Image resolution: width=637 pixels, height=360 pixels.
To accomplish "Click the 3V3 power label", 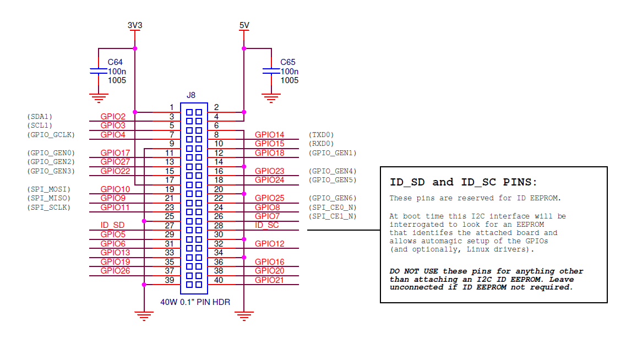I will click(135, 25).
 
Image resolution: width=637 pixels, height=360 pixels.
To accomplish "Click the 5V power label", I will click(244, 25).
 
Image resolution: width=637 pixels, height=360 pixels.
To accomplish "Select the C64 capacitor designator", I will click(115, 62).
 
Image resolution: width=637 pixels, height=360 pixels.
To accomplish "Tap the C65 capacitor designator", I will click(288, 62).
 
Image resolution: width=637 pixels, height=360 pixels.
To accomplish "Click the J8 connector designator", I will click(190, 95).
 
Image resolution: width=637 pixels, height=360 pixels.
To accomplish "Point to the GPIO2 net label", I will click(113, 117).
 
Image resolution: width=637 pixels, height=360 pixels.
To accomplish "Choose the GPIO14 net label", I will click(269, 135).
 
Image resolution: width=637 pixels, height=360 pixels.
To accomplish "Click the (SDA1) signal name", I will click(40, 117).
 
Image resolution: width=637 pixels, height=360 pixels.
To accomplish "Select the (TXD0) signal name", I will click(322, 135).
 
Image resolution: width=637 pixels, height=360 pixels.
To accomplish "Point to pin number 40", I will click(218, 280).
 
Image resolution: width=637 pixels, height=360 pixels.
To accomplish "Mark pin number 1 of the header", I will click(172, 107).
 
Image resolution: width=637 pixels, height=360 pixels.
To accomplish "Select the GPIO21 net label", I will click(269, 280).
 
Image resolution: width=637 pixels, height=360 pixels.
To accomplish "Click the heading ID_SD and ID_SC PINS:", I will click(463, 182).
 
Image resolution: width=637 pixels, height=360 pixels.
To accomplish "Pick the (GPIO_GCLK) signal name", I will click(51, 135).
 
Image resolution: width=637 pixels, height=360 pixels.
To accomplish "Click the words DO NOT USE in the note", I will click(412, 271).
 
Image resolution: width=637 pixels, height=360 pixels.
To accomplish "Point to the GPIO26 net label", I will click(115, 271).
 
